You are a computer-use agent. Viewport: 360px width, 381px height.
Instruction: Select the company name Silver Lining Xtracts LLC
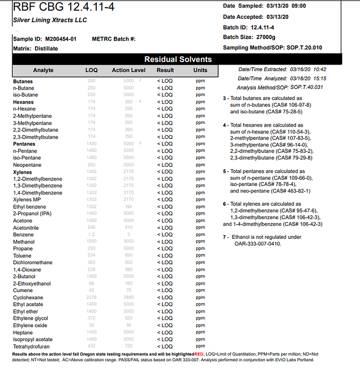coord(50,20)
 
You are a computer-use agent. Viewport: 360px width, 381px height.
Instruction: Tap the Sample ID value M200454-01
coord(61,39)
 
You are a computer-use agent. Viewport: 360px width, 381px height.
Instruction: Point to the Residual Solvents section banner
coord(177,59)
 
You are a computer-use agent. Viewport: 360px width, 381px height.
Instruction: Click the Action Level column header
coord(128,70)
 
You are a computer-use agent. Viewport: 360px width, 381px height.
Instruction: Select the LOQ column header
coord(92,70)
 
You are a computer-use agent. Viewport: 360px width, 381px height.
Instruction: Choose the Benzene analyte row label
coord(24,235)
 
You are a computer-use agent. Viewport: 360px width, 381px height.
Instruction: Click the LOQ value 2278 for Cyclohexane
coord(92,298)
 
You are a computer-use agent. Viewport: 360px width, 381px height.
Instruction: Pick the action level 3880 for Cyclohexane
coord(129,298)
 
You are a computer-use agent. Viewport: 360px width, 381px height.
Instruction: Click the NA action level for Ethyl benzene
coord(129,207)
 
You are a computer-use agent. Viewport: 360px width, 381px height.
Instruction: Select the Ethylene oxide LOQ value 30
coord(92,326)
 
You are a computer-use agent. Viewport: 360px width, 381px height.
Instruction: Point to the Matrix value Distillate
coord(46,48)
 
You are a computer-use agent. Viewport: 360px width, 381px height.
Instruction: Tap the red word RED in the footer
coord(199,354)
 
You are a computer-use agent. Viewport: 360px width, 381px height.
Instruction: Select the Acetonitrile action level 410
coord(129,228)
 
